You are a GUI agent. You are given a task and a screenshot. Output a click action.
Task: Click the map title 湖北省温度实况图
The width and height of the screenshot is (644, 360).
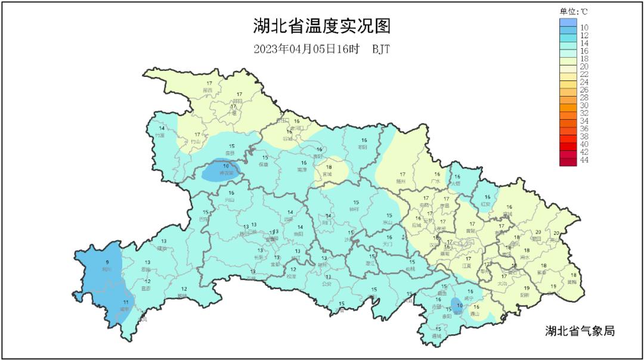[x=321, y=27]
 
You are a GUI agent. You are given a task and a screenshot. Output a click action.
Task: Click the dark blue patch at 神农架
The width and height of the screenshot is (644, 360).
[x=221, y=172]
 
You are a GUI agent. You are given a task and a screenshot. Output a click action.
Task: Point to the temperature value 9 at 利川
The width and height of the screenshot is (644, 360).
[x=107, y=262]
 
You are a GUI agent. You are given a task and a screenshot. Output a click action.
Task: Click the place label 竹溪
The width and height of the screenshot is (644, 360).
[x=160, y=135]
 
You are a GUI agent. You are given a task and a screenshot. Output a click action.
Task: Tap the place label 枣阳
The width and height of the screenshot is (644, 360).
[x=363, y=147]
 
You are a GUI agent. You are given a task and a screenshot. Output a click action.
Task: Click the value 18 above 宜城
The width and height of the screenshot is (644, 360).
[x=329, y=167]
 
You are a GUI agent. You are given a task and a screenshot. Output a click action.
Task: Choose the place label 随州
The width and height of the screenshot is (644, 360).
[x=401, y=181]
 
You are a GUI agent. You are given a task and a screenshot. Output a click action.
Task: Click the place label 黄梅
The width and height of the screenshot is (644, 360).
[x=572, y=282]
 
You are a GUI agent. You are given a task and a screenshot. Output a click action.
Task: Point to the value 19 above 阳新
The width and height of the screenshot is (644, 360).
[x=527, y=288]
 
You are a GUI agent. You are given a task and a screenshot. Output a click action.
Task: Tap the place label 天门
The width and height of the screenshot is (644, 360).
[x=388, y=244]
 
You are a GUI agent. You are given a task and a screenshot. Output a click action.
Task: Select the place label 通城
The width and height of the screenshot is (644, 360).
[x=437, y=336]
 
